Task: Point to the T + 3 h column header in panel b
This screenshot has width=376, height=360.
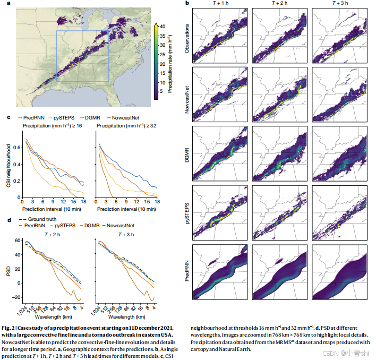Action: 338,4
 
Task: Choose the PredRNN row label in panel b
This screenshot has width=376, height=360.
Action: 187,270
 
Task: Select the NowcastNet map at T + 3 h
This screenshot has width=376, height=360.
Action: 338,95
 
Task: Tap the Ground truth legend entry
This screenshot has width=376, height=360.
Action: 41,219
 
